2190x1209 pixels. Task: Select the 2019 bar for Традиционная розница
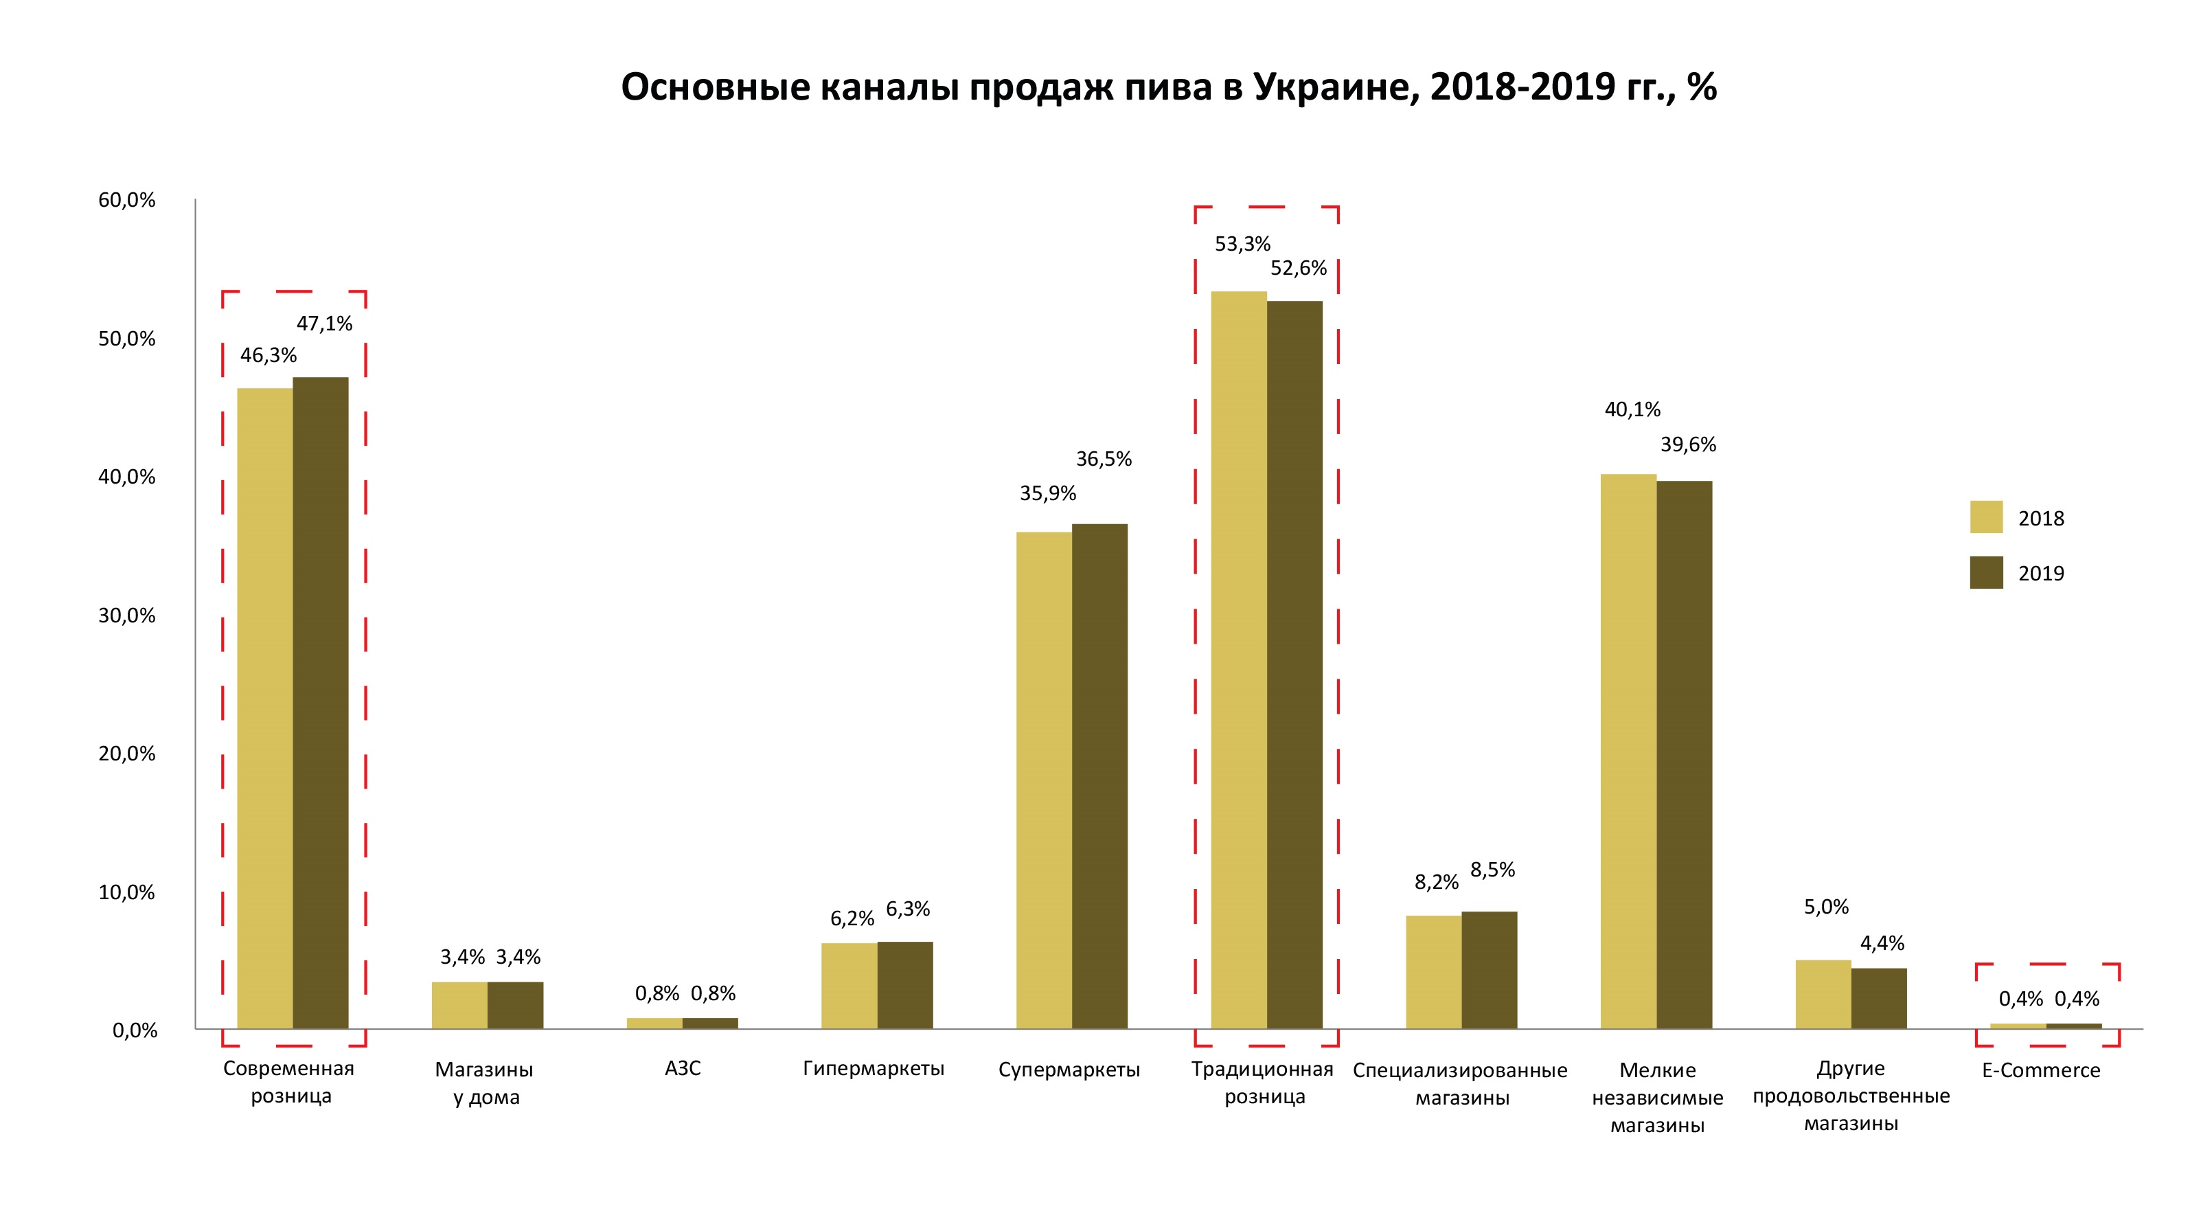[1294, 665]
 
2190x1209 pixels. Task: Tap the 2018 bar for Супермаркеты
[1044, 780]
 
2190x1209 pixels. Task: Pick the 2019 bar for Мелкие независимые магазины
[1684, 755]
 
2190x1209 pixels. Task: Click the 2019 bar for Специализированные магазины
[1489, 970]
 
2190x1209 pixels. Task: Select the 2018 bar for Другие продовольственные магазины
[1823, 994]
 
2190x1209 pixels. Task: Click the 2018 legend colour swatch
[1986, 517]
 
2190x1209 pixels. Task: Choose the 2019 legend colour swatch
[1986, 572]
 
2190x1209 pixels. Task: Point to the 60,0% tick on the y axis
[128, 201]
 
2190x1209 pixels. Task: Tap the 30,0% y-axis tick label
[128, 615]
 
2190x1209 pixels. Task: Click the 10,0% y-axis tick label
[128, 892]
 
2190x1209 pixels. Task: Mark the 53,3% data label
[1242, 245]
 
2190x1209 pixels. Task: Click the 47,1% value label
[324, 324]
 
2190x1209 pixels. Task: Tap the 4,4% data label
[1882, 943]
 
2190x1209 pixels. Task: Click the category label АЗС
[683, 1069]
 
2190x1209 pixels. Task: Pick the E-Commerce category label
[2040, 1070]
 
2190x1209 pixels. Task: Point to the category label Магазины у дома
[485, 1083]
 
